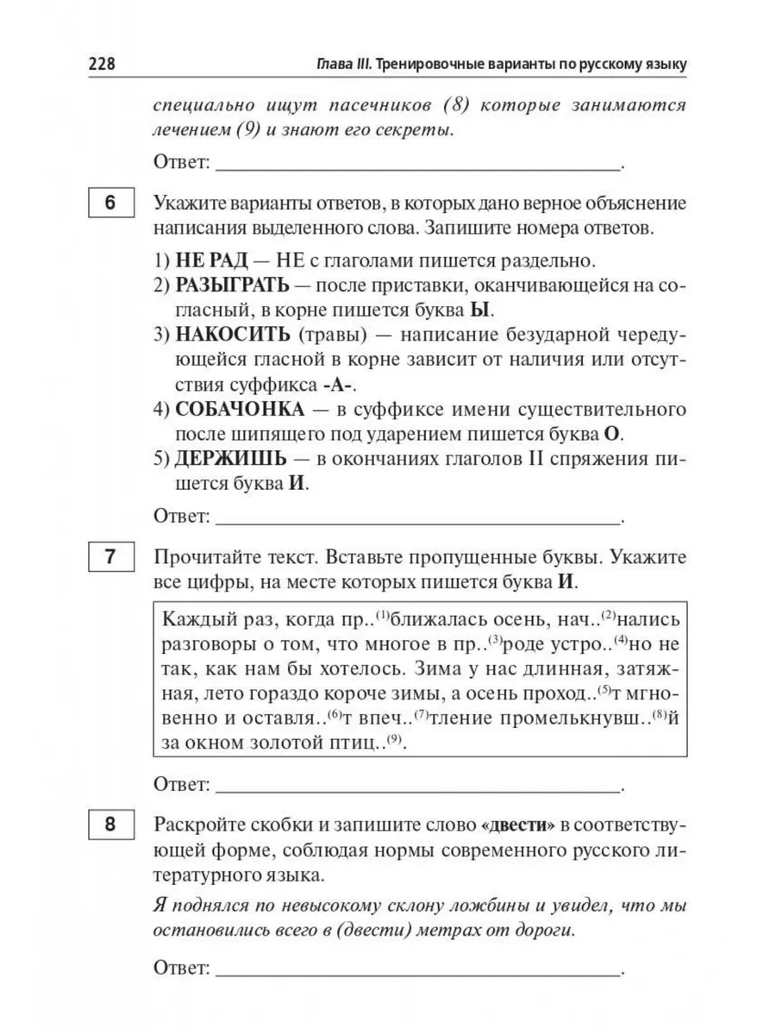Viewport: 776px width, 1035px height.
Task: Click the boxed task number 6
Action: coord(110,205)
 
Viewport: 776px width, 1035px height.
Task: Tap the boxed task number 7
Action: coord(110,557)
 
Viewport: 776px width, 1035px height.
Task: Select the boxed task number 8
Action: coord(110,825)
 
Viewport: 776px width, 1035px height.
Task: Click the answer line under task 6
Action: coord(418,520)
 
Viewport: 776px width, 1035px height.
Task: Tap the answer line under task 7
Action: coord(418,787)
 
